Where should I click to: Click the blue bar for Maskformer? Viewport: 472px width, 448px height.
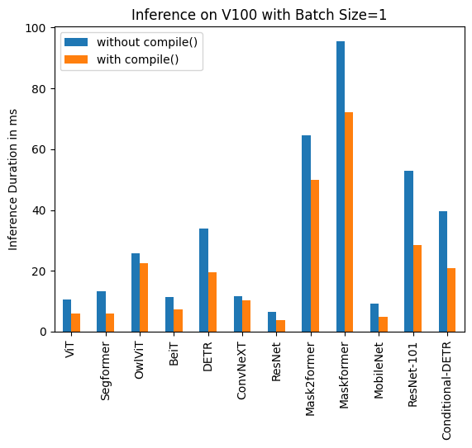(x=341, y=186)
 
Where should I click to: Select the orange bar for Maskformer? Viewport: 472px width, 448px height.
(x=349, y=222)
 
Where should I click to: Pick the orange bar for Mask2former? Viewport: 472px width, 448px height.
(x=315, y=256)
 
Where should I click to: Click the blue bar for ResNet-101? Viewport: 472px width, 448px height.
(x=408, y=251)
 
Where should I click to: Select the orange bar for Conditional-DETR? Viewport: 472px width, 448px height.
(x=451, y=299)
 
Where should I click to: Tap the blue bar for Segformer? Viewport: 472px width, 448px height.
(x=101, y=311)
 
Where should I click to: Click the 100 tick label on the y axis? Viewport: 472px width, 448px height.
(x=38, y=28)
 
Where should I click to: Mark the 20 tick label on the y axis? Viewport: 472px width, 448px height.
(x=41, y=271)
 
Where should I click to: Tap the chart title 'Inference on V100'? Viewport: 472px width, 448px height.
(x=258, y=14)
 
